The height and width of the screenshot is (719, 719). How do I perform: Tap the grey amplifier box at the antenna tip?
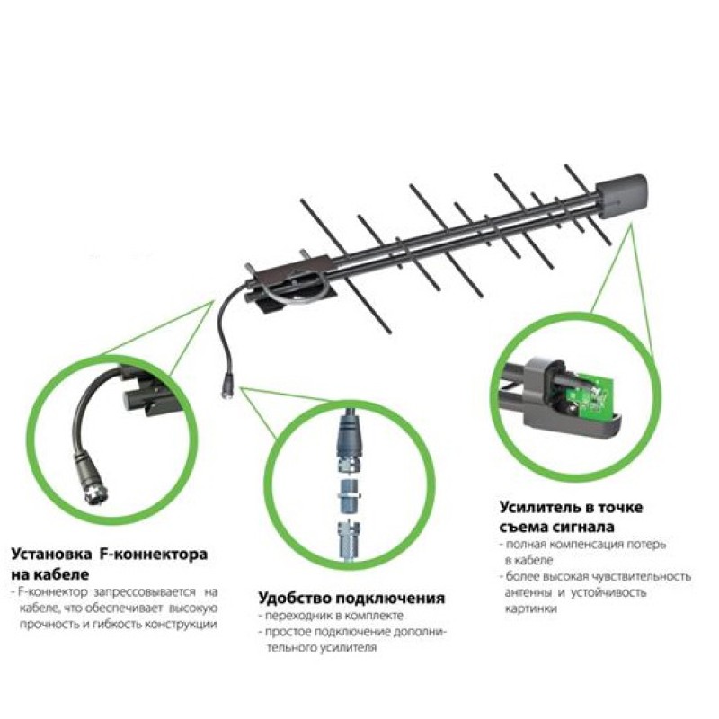tap(622, 197)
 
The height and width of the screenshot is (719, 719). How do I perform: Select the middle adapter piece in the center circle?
tap(349, 497)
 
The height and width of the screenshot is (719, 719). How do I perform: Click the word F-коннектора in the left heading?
tap(154, 554)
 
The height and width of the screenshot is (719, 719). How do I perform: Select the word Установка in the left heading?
tap(51, 554)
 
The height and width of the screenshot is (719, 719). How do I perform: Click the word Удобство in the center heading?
tap(295, 598)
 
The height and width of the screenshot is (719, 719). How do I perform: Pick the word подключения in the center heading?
tap(390, 599)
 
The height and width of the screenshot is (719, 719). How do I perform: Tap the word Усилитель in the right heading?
tap(540, 508)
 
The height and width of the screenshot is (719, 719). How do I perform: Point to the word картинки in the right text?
tap(531, 609)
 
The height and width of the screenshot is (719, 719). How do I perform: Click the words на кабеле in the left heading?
tap(49, 574)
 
